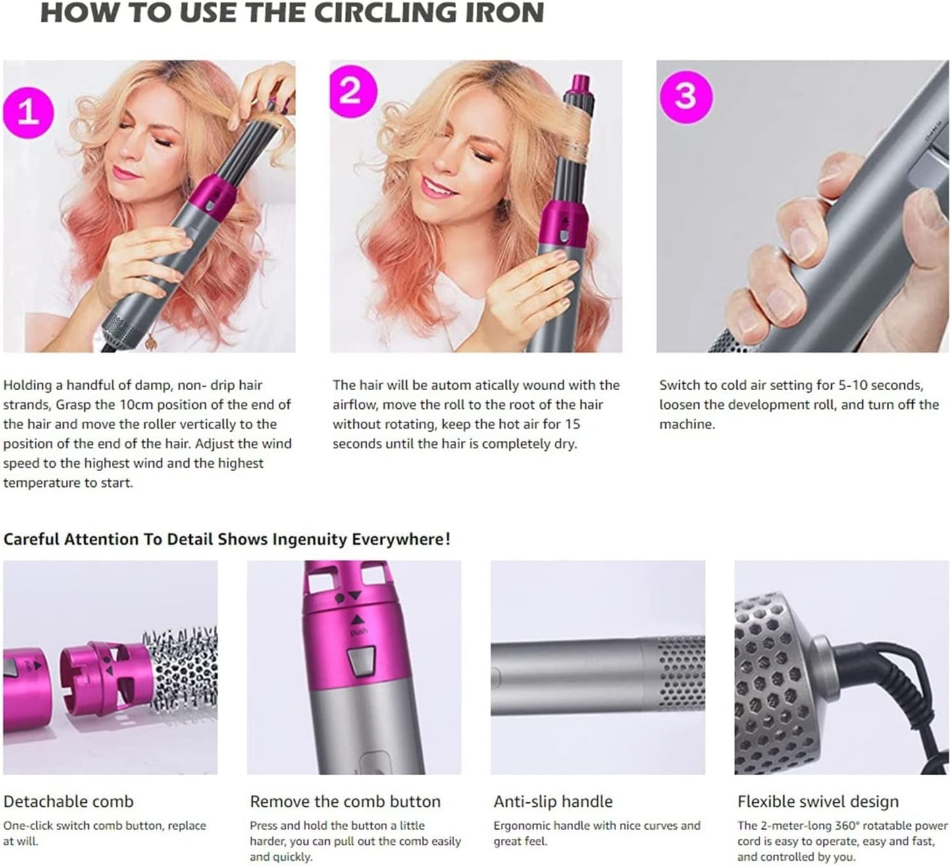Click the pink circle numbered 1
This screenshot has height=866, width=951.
[27, 112]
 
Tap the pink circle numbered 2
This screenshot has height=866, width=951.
[350, 90]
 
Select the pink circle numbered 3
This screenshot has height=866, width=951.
[686, 96]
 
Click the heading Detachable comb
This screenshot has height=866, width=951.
[68, 802]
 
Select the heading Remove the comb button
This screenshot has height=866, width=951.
[345, 802]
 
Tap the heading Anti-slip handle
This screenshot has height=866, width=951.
[553, 802]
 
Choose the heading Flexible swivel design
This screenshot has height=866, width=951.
[817, 802]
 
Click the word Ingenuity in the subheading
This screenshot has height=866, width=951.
[309, 540]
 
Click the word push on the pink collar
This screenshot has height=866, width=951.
[359, 632]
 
